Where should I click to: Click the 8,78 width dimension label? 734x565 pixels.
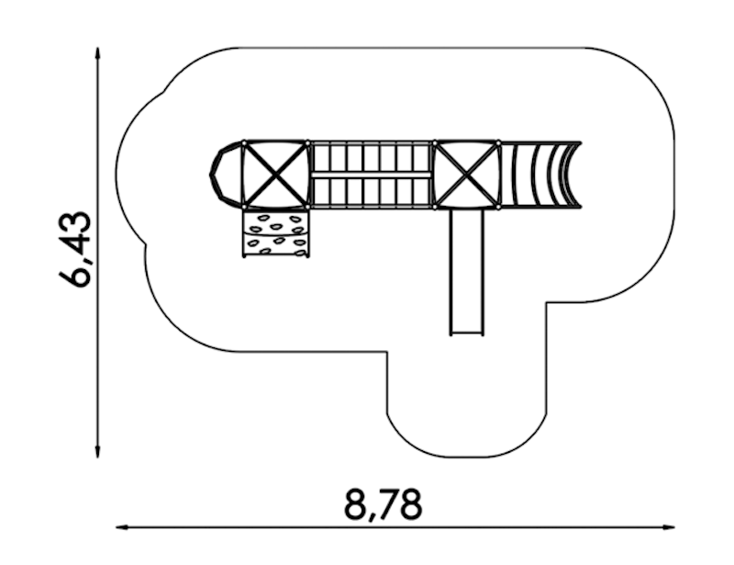383,505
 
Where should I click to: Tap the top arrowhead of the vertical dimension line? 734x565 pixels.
97,52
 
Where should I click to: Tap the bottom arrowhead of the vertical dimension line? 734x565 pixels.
97,453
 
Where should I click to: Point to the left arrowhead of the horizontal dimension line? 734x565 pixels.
122,527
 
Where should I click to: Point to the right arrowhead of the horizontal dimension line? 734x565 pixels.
669,527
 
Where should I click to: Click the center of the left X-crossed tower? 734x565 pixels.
276,174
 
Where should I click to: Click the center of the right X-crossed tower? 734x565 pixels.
466,174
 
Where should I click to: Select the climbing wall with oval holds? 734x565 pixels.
276,233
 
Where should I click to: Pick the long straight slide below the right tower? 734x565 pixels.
466,272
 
